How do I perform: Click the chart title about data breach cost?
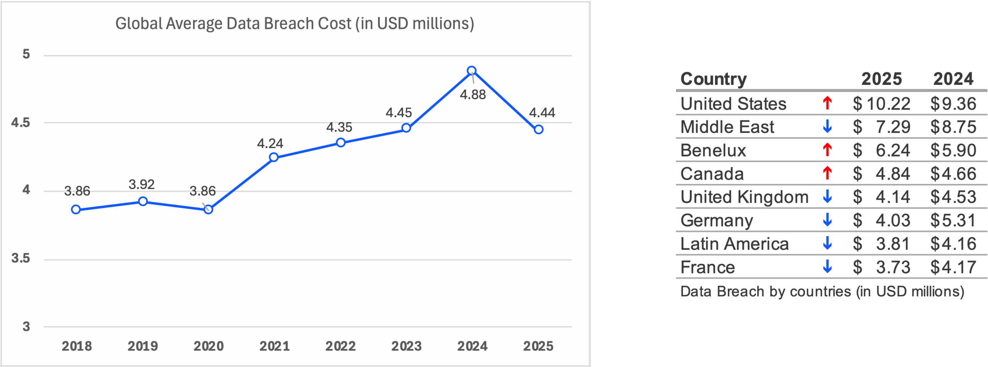[x=294, y=24]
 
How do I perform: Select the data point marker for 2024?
[x=471, y=71]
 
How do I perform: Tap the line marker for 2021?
[x=274, y=157]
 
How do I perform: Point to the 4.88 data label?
[x=473, y=95]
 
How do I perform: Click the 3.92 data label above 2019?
[x=142, y=185]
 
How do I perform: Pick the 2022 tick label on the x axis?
[x=340, y=346]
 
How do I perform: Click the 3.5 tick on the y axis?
[x=21, y=258]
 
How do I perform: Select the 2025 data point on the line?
[x=539, y=130]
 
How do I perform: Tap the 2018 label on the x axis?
[x=77, y=346]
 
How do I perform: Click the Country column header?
[x=713, y=79]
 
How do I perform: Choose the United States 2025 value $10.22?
[x=881, y=104]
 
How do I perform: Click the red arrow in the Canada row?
[x=827, y=173]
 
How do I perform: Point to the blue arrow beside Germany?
[x=827, y=220]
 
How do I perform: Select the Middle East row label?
[x=727, y=127]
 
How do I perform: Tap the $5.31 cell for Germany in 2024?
[x=953, y=221]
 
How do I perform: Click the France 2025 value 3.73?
[x=893, y=267]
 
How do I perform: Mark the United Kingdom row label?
[x=744, y=197]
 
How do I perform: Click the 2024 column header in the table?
[x=953, y=79]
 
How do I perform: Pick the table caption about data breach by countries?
[x=822, y=291]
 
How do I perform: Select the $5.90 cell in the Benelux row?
[x=953, y=150]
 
